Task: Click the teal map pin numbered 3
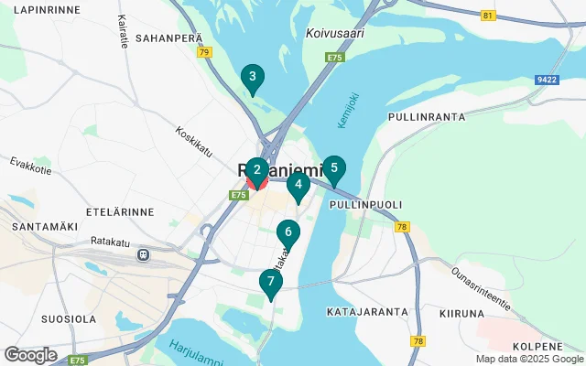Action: [x=252, y=78]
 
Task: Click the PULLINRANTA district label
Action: [x=427, y=117]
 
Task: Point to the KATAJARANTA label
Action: [x=366, y=312]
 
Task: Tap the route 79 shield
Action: [x=204, y=52]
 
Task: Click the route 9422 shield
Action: [x=548, y=80]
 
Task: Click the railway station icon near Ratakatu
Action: [x=143, y=253]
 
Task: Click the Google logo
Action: [x=30, y=355]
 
